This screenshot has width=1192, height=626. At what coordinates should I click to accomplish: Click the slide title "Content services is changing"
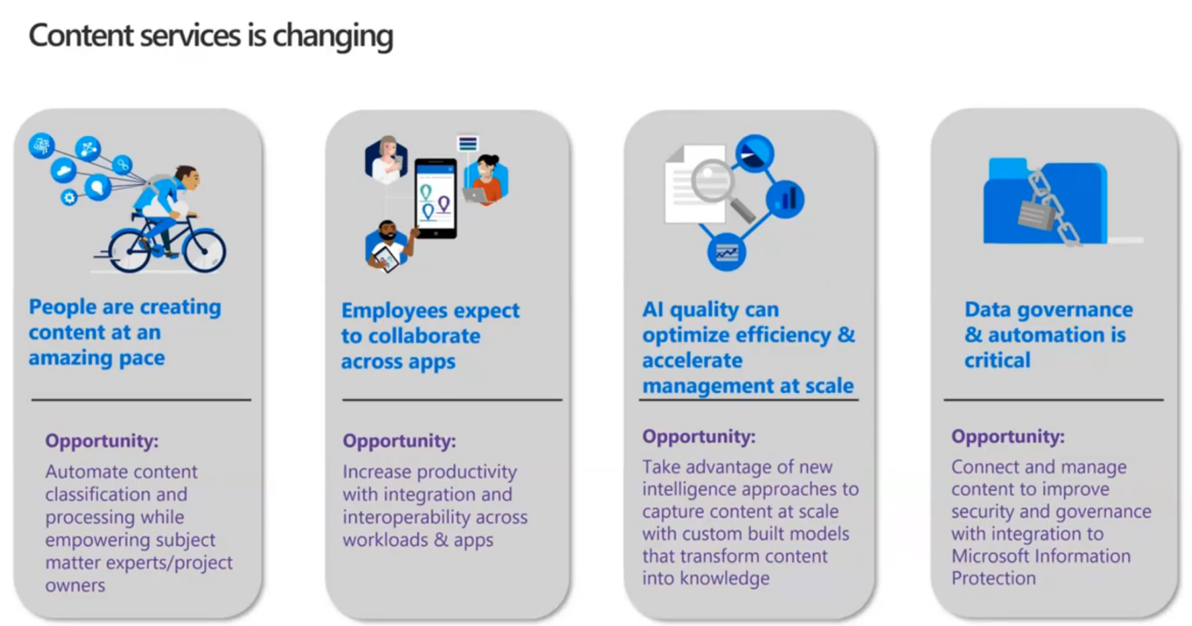(211, 36)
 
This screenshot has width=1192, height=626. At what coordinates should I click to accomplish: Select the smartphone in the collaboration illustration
(435, 198)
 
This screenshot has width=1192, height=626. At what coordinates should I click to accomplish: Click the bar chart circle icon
(785, 199)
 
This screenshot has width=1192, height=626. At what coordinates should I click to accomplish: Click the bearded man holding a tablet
(388, 245)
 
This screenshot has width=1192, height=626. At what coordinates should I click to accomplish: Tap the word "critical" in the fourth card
(998, 360)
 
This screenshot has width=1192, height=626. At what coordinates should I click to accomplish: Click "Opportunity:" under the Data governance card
(1008, 436)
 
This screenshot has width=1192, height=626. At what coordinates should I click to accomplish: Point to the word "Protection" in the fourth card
(993, 578)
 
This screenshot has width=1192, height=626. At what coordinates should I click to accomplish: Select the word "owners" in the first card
(75, 586)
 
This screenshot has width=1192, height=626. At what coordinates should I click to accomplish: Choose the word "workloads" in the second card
(386, 540)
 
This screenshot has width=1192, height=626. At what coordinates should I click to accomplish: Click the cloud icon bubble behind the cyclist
(64, 170)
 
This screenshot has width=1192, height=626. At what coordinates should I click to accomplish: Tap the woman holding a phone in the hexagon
(386, 160)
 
